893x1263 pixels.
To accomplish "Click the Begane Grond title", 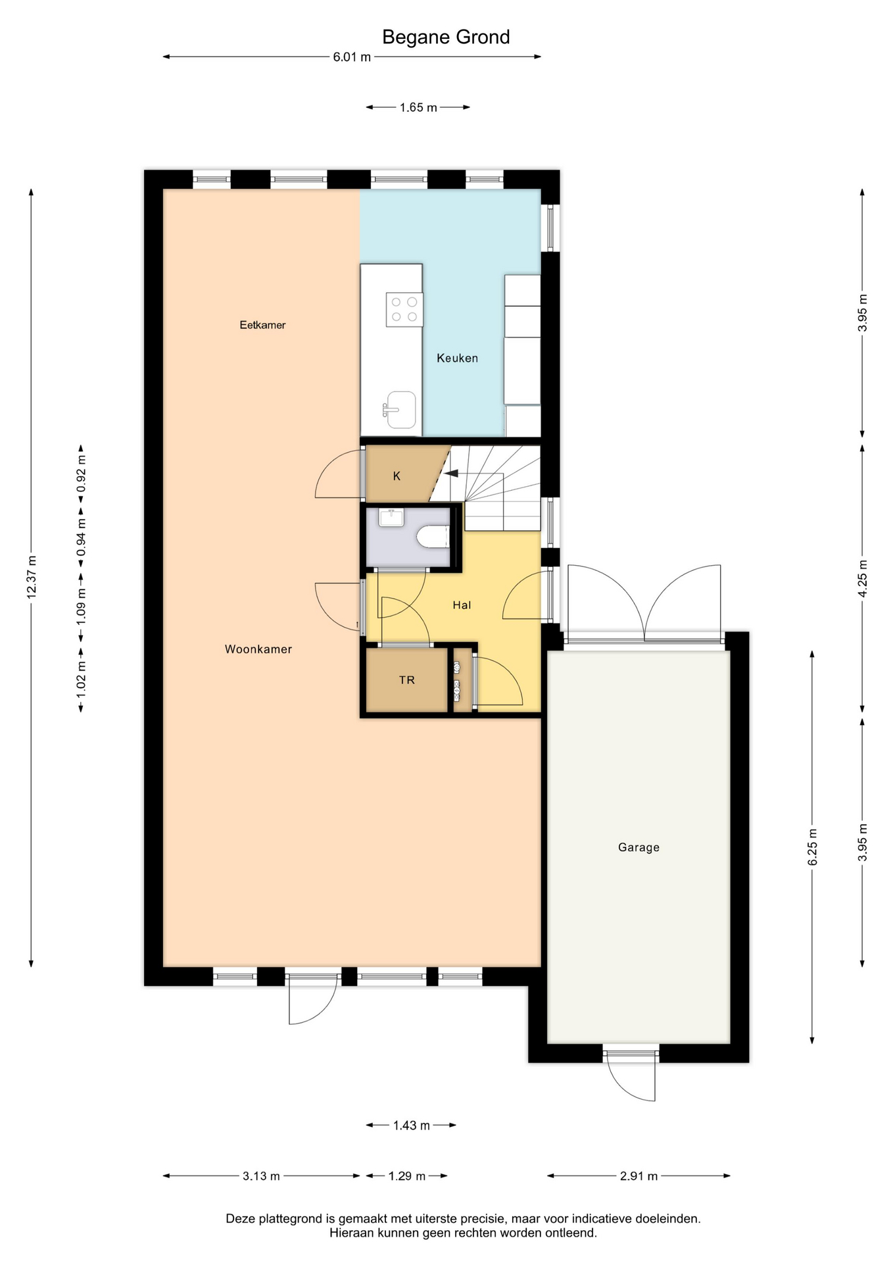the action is pos(446,37).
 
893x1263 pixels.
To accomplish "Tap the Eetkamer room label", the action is pos(262,325).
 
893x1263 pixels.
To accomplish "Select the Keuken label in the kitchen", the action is pos(457,359).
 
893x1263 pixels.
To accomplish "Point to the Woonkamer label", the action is pos(258,649).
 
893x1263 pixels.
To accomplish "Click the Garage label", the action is pos(639,847).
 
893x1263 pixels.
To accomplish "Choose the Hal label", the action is pos(462,605).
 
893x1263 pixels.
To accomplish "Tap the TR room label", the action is pos(407,680).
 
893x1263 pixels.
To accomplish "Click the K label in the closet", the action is pos(397,476).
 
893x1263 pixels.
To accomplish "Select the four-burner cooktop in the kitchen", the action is pos(404,309).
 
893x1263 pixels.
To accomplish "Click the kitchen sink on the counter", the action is pos(400,410).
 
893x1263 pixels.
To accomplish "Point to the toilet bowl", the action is pos(433,537).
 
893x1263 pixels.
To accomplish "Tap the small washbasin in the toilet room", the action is pos(392,517).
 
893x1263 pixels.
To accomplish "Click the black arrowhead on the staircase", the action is pos(451,472).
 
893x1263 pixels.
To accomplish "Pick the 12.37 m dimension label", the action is pos(31,578).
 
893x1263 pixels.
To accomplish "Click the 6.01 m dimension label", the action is pos(352,57).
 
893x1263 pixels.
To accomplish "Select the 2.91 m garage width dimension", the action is pos(639,1176).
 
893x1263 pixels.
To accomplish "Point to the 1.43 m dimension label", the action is pos(412,1126).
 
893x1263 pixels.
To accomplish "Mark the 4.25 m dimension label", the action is pos(863,578).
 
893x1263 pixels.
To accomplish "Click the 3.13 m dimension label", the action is pos(261,1176).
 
